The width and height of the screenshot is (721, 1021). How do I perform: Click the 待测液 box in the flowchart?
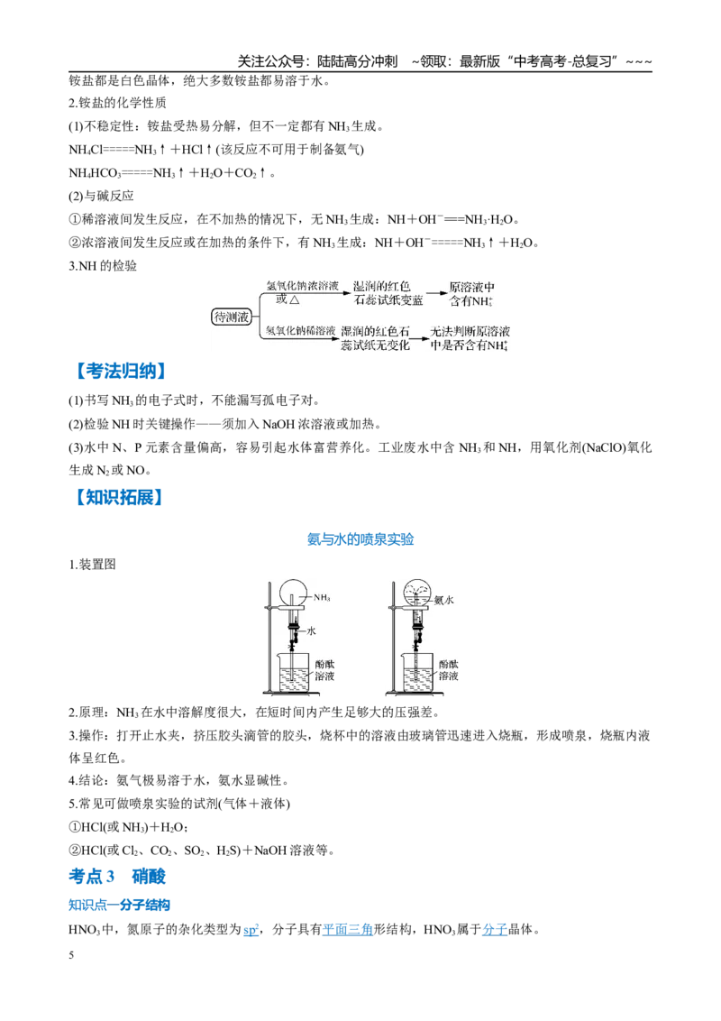232,317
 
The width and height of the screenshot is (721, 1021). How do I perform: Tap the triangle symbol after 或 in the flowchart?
294,299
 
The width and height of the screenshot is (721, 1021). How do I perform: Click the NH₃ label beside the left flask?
322,597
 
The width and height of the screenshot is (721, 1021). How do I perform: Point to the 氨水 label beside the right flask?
443,600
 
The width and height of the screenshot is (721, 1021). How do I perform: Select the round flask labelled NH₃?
291,593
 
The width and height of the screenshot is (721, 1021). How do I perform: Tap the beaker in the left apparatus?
294,673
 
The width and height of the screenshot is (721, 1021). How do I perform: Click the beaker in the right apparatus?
417,673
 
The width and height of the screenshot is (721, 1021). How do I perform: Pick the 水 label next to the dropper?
312,630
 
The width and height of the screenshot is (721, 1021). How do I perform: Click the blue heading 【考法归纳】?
120,372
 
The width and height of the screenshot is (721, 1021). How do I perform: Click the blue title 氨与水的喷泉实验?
360,539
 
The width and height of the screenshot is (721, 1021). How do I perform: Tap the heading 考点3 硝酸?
117,877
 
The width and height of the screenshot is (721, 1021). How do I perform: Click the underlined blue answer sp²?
251,930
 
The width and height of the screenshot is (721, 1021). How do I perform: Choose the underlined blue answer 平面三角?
348,930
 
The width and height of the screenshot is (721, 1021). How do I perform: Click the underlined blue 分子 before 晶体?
495,930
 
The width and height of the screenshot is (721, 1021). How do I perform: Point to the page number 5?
71,955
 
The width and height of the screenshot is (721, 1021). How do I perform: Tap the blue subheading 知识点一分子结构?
119,905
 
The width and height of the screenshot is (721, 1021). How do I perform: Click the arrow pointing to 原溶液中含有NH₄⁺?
436,293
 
